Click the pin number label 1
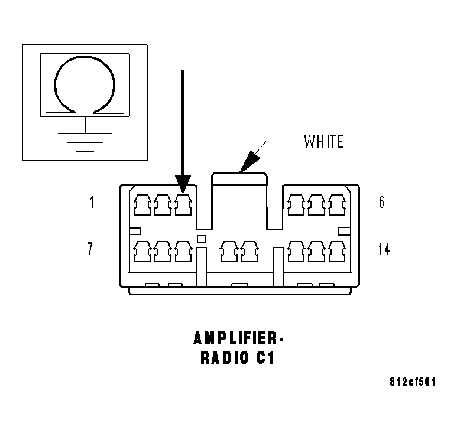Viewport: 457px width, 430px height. (92, 202)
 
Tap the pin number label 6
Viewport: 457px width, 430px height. (381, 202)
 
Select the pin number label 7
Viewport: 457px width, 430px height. (90, 249)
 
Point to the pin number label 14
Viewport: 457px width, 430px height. (384, 249)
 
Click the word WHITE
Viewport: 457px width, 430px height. (323, 142)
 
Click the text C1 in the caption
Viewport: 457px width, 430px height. (265, 358)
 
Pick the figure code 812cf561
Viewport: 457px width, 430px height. (413, 382)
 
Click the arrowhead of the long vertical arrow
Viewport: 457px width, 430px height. (183, 184)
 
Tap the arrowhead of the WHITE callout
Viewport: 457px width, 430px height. (249, 162)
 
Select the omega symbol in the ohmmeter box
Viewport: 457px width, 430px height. (85, 84)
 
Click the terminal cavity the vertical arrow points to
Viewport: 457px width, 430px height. (183, 205)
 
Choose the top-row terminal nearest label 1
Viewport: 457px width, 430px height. (142, 205)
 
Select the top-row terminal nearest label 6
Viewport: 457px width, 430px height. (337, 205)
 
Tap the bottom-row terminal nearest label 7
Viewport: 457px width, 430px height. (142, 252)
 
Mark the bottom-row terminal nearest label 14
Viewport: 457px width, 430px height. (337, 252)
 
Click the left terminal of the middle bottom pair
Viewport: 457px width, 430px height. (229, 252)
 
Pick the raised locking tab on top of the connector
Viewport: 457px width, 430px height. (239, 180)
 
